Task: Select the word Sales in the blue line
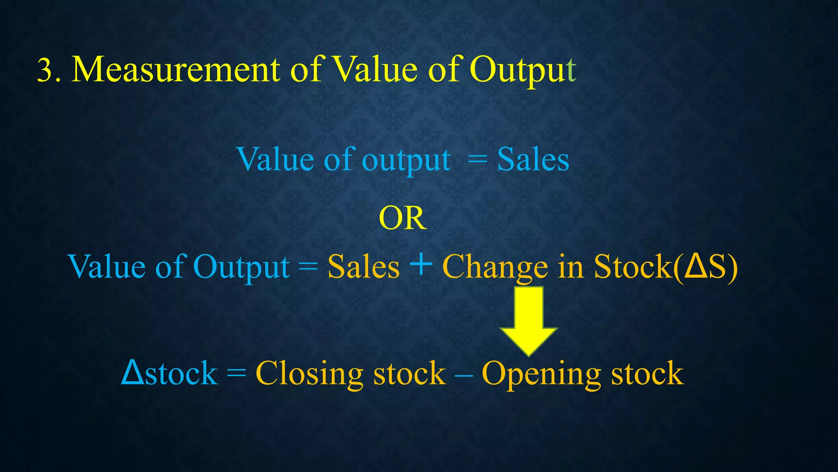(x=533, y=160)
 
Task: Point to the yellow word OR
(x=403, y=218)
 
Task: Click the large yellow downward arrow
(x=529, y=320)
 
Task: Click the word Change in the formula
(x=495, y=267)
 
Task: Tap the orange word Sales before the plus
(x=363, y=267)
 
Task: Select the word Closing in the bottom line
(x=309, y=374)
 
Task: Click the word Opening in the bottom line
(x=541, y=374)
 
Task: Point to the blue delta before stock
(x=133, y=372)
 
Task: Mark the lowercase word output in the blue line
(x=406, y=161)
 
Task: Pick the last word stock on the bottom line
(x=647, y=374)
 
